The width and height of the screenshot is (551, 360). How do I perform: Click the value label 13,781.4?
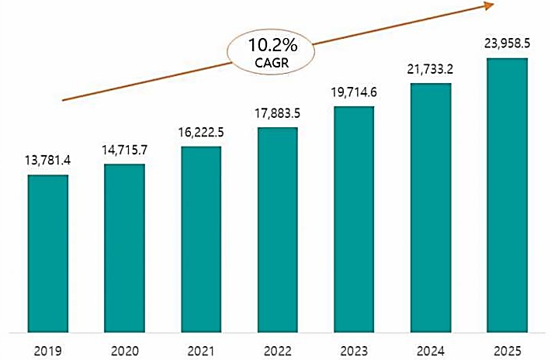tap(48, 161)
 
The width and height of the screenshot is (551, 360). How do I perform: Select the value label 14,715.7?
tap(124, 150)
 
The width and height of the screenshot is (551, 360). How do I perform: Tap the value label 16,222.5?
tap(201, 133)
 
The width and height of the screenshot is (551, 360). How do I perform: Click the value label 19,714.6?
tap(354, 92)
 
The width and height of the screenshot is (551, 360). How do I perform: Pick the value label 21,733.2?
tap(430, 69)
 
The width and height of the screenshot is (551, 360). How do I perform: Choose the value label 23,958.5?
tap(507, 44)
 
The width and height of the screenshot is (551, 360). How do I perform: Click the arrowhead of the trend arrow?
tap(490, 6)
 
